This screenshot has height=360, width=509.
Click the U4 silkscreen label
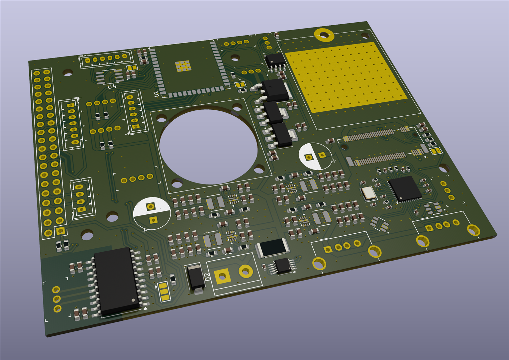pos(112,86)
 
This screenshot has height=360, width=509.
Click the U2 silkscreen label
pos(156,94)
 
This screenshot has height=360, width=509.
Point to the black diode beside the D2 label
pos(195,279)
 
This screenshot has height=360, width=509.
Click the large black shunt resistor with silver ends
pos(272,247)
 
